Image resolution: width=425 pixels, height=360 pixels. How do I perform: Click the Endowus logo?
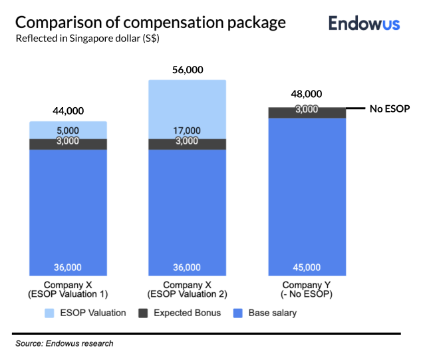364,24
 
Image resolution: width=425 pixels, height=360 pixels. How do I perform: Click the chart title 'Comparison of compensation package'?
150,22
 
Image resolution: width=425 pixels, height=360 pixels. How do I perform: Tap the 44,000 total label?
68,111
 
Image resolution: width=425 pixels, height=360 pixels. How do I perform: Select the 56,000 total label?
187,70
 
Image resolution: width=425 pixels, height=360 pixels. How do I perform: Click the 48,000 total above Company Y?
307,94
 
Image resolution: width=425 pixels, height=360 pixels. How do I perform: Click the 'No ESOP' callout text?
389,108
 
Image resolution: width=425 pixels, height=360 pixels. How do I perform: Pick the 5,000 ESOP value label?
68,130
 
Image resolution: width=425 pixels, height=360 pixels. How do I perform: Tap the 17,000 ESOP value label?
187,130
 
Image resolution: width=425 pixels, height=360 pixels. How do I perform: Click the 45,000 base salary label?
307,268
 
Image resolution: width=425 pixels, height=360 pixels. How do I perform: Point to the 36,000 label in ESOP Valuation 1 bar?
68,268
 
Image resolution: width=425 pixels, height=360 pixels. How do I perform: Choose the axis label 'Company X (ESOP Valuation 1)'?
68,289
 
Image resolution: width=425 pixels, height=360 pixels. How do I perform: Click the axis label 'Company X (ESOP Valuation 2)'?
187,289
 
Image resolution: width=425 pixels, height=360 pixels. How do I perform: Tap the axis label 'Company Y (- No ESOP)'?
307,289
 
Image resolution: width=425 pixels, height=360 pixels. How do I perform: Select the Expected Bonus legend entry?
180,313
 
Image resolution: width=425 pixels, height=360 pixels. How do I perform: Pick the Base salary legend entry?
273,313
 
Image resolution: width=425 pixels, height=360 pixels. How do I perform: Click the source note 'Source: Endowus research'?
65,344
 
